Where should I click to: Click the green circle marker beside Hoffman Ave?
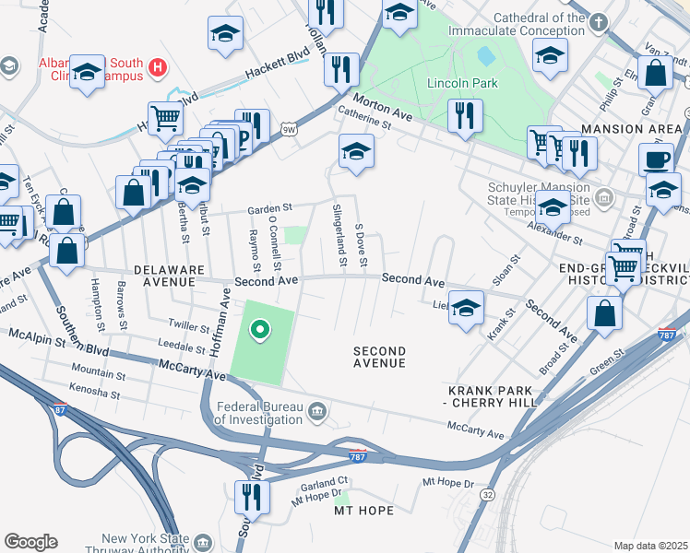point(260,329)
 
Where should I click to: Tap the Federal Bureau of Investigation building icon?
point(316,410)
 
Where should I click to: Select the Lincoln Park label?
point(462,83)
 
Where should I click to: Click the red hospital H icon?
point(158,67)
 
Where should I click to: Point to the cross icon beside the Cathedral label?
point(598,22)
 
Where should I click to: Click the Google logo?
point(30,542)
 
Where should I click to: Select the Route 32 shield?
point(486,495)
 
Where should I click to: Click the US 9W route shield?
point(290,129)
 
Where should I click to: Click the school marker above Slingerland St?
point(356,150)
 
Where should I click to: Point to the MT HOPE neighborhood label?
point(363,511)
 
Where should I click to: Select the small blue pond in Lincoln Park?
point(485,57)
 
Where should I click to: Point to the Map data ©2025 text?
point(650,546)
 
